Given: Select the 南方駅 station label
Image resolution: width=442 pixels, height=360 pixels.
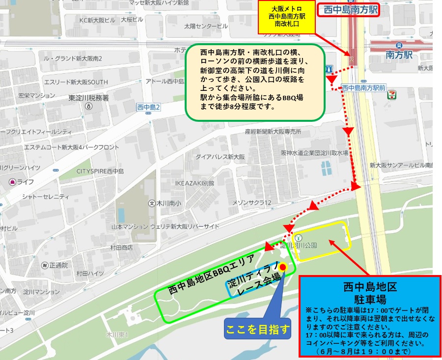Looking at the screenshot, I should [398, 55].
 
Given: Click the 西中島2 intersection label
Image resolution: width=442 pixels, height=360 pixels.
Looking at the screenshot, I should [149, 107].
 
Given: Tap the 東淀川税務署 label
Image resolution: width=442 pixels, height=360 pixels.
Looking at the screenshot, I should [88, 98].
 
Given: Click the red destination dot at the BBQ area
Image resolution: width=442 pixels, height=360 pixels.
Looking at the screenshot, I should [283, 268].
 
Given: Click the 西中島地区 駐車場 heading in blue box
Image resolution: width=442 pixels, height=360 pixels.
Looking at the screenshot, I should [370, 292].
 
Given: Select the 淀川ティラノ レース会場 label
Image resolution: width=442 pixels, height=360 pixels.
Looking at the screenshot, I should [254, 281].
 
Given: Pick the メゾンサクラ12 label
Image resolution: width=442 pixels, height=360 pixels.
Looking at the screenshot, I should [252, 203].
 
